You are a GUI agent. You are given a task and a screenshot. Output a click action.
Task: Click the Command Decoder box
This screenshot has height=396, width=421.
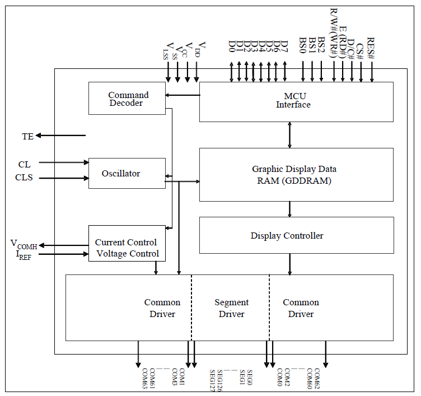127,99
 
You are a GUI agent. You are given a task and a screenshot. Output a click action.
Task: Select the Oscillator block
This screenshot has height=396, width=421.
127,174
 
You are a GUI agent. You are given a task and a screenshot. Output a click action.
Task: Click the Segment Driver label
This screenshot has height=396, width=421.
231,308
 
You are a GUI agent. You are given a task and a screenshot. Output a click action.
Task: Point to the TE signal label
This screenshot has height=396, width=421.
27,136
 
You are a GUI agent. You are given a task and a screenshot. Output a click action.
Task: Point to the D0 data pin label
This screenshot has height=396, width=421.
232,46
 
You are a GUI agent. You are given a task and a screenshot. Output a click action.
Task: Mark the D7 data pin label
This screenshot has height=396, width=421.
284,46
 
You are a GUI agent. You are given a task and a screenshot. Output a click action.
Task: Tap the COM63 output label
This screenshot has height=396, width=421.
144,379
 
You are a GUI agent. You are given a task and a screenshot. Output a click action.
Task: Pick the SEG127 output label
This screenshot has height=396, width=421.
213,380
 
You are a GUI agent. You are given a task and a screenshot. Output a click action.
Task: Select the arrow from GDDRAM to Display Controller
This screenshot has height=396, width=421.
289,209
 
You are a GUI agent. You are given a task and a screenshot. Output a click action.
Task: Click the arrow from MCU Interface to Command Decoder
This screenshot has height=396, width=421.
183,95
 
